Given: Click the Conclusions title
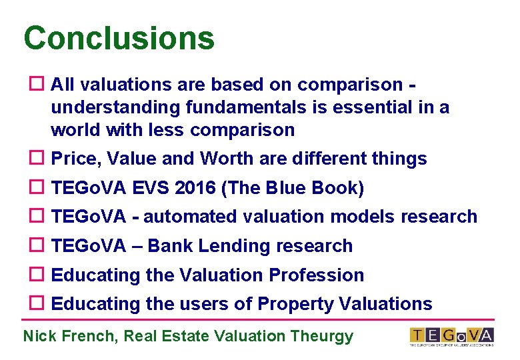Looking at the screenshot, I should (x=119, y=38).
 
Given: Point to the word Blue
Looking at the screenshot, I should (x=287, y=188).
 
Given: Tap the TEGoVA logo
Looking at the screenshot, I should (x=451, y=336).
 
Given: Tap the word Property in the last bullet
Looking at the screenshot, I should (x=295, y=304).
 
